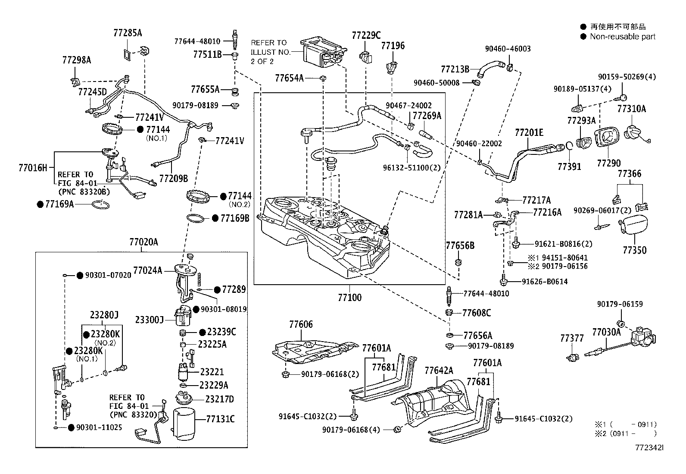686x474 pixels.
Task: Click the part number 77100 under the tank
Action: tap(349, 298)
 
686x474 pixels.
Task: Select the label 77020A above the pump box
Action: tap(143, 242)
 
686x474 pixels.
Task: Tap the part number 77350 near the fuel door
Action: tap(634, 250)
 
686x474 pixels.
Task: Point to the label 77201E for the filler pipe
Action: tap(529, 132)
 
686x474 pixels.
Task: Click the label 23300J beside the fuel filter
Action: tap(149, 320)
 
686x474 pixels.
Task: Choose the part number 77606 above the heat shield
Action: tap(301, 324)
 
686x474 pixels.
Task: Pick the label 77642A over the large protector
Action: tap(439, 370)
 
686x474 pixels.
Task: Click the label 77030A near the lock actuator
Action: tap(606, 332)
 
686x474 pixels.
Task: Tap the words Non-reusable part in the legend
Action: tap(623, 37)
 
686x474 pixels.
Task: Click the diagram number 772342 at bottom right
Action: tap(648, 448)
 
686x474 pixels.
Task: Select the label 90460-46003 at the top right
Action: tap(508, 49)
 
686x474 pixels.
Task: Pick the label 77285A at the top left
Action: tap(128, 32)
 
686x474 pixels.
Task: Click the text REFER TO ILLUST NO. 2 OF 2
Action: tap(269, 52)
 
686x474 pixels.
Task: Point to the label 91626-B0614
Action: tap(545, 282)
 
